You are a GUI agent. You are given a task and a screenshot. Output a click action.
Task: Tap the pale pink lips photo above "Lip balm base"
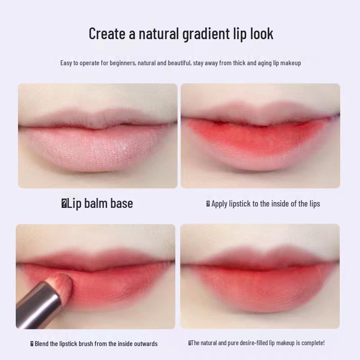pyautogui.click(x=98, y=135)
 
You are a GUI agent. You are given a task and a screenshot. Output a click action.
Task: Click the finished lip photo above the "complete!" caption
pyautogui.click(x=260, y=276)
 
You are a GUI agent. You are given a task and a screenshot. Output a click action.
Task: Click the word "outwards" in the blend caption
pyautogui.click(x=145, y=344)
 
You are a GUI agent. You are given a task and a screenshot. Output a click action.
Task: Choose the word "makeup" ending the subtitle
pyautogui.click(x=291, y=63)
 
